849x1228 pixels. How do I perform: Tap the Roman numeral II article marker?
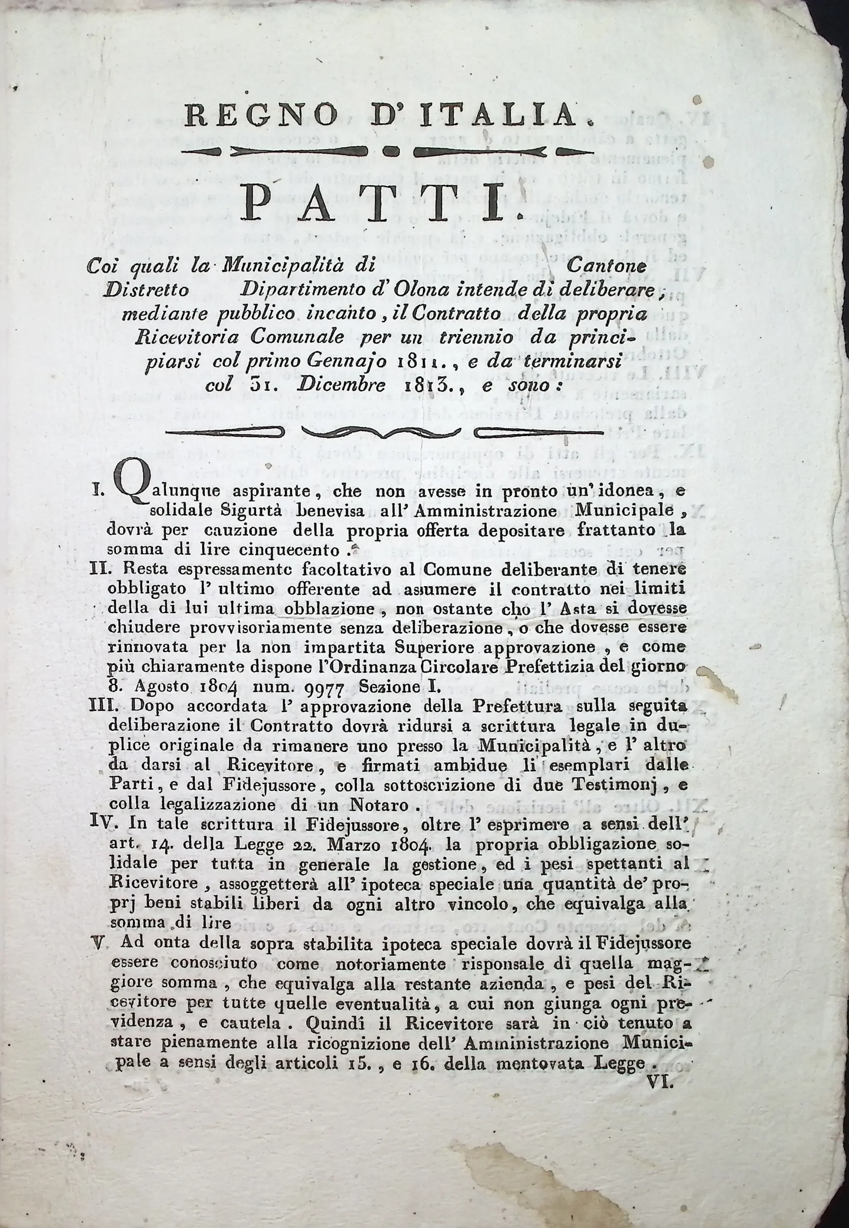pyautogui.click(x=99, y=569)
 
